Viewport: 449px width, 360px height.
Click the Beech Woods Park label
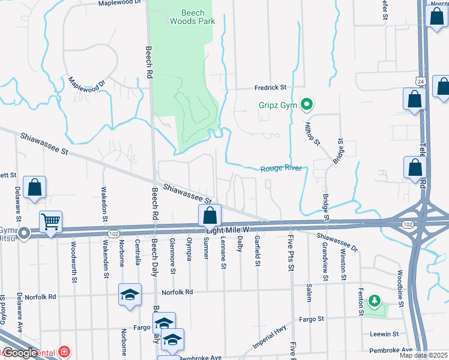click(191, 16)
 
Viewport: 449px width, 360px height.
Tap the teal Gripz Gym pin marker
click(306, 105)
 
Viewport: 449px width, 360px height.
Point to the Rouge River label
click(280, 169)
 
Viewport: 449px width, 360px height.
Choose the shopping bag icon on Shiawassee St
click(210, 215)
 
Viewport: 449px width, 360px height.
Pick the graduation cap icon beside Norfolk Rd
click(130, 295)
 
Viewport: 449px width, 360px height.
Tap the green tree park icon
click(375, 299)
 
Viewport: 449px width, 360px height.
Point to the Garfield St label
click(257, 251)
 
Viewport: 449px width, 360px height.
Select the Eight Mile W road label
click(228, 230)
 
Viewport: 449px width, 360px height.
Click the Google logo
click(19, 353)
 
